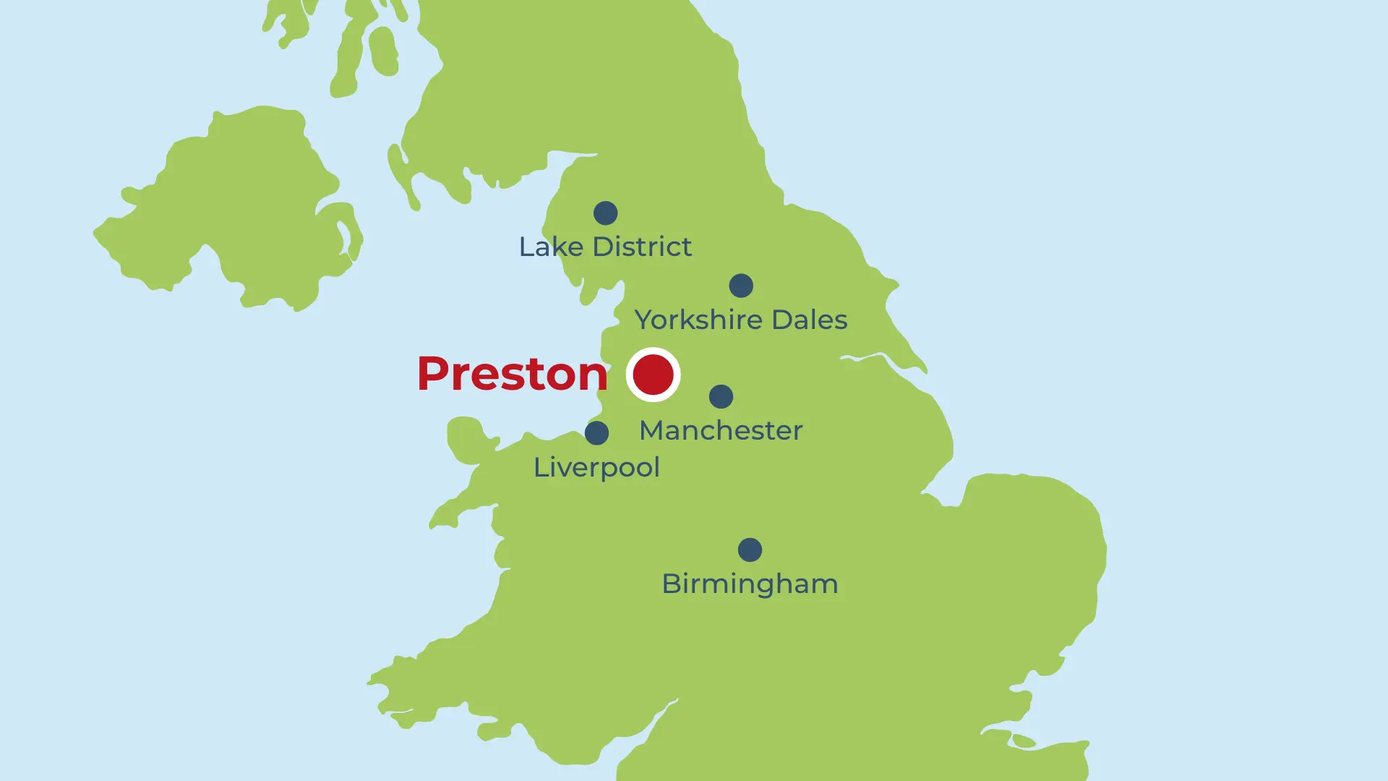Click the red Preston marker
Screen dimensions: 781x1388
653,375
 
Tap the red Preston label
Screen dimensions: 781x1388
513,374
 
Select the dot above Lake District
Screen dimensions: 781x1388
606,213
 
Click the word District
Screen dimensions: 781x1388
642,247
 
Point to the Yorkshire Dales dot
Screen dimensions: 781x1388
741,286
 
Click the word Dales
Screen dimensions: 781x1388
809,320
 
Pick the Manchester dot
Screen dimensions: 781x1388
721,396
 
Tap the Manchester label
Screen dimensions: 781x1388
721,431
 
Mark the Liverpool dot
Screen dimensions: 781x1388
596,433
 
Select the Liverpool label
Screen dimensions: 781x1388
596,468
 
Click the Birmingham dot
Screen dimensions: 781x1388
750,550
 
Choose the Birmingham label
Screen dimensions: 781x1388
750,584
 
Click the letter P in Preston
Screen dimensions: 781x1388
434,374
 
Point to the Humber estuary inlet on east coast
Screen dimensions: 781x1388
867,357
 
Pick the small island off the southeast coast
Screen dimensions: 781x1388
1024,741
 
